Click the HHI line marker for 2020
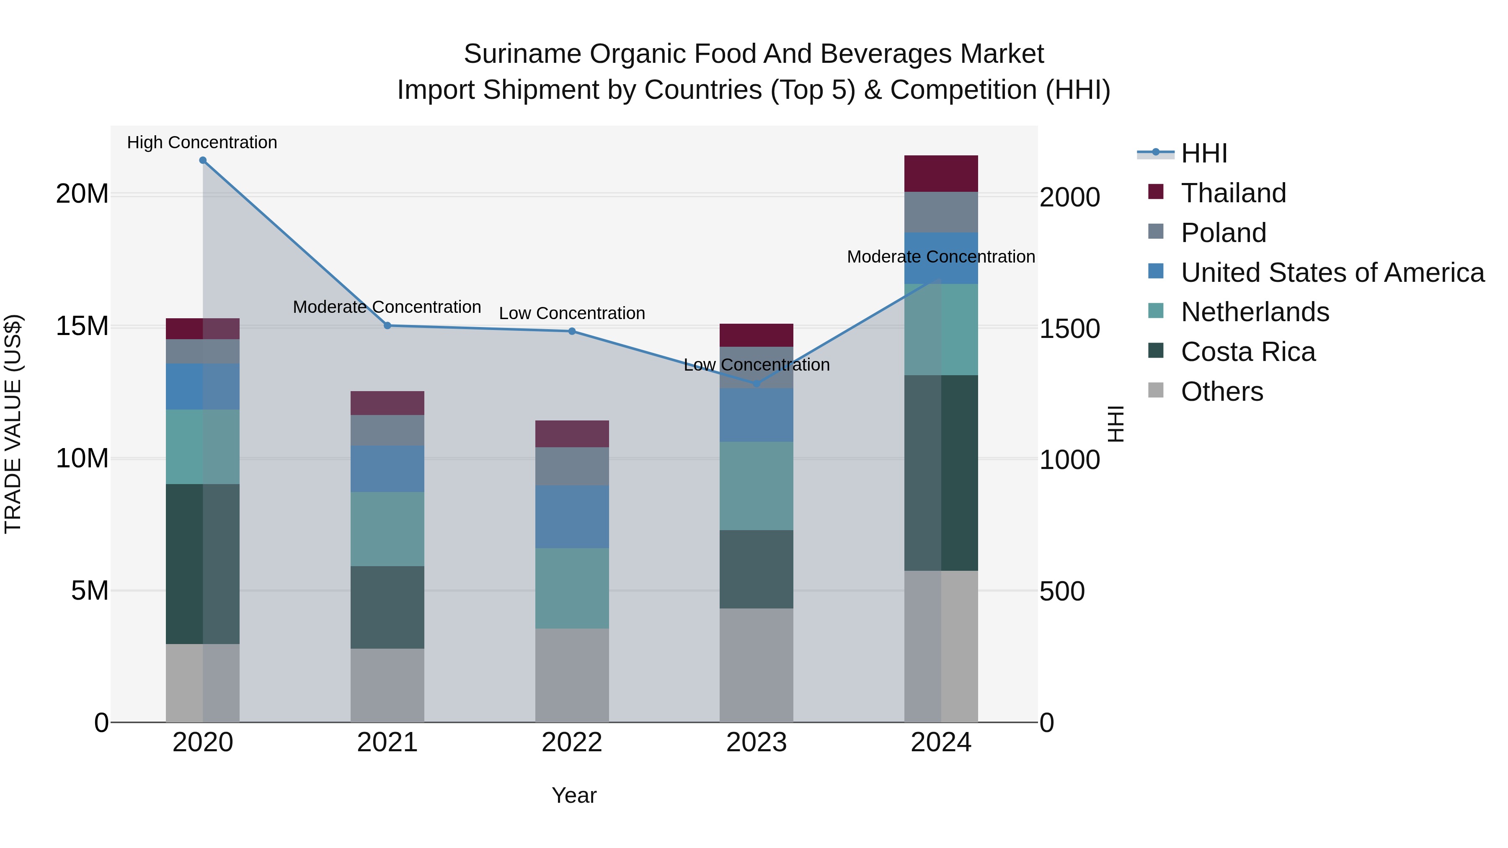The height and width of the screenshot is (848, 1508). [203, 160]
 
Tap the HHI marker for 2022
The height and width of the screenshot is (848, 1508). [572, 331]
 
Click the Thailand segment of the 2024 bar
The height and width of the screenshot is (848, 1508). [941, 174]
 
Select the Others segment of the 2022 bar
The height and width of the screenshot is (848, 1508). [572, 675]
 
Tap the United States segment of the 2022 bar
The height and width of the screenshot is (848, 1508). [572, 516]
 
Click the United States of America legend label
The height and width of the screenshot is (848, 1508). [1332, 273]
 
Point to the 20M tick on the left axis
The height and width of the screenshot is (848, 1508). [82, 194]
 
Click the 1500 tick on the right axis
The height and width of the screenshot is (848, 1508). [1069, 329]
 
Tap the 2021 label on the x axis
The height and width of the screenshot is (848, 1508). [387, 742]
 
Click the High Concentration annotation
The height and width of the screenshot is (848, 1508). [202, 142]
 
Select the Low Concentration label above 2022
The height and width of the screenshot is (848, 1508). [572, 313]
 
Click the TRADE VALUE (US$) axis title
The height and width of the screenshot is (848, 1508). [13, 424]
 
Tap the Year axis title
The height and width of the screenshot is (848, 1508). [574, 795]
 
